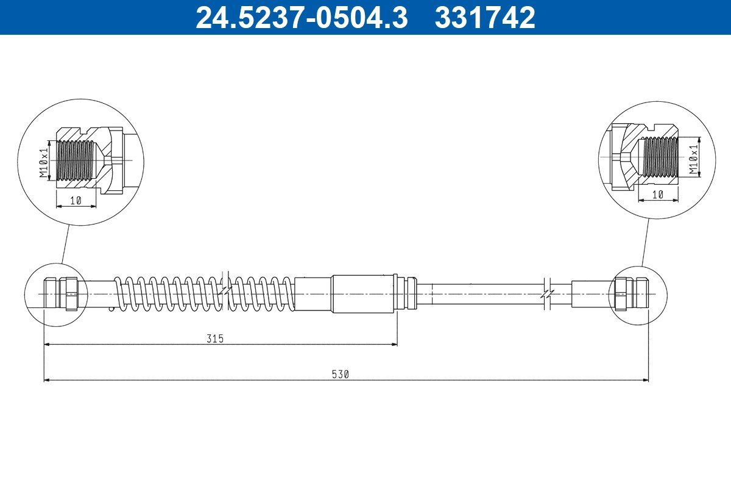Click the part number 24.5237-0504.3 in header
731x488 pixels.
click(301, 17)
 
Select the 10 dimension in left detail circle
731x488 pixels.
click(76, 201)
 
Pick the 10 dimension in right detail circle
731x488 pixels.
click(658, 195)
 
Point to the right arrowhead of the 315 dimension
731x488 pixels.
click(394, 345)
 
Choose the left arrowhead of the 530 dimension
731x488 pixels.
click(47, 380)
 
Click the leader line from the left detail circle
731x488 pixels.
click(65, 244)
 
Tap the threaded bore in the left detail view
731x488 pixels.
click(76, 160)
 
